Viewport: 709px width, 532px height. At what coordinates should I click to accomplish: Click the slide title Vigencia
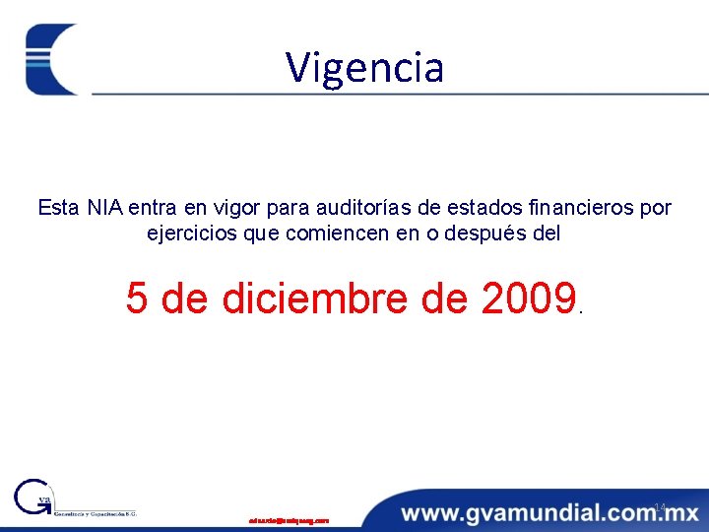click(365, 67)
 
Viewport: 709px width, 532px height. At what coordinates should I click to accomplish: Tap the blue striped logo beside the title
click(51, 59)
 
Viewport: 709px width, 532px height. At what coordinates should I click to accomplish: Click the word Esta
click(58, 208)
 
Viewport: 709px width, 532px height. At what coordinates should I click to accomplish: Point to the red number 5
click(137, 298)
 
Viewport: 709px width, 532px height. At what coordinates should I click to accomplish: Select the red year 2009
click(529, 298)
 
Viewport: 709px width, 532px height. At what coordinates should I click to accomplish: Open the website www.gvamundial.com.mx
click(549, 513)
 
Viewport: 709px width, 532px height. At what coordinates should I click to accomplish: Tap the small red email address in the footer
click(289, 519)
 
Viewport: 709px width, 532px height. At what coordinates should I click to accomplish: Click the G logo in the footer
click(33, 499)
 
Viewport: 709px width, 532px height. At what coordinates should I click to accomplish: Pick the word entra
click(152, 208)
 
